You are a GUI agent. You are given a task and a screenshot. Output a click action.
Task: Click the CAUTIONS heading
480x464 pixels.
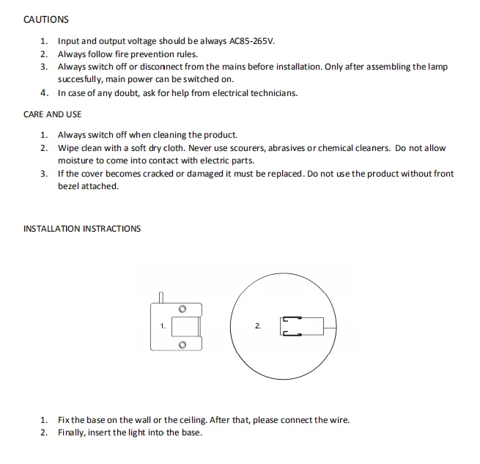click(x=46, y=20)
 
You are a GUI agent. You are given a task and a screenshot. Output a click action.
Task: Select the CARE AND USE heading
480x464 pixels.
click(x=52, y=114)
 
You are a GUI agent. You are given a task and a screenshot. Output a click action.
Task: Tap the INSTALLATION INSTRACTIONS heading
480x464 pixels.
click(x=82, y=229)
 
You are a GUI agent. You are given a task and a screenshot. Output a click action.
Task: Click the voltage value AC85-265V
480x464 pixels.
click(x=252, y=41)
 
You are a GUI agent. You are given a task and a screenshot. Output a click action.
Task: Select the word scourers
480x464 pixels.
click(x=249, y=148)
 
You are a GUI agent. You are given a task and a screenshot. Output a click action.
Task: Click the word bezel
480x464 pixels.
click(x=68, y=186)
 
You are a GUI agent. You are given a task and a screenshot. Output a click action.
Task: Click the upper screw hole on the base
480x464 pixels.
click(x=182, y=309)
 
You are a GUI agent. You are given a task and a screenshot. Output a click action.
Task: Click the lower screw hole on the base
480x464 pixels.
click(x=182, y=345)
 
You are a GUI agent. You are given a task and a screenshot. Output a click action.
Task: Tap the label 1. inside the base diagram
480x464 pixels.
click(x=163, y=326)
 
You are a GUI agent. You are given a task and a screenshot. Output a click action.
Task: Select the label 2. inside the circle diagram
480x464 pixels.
click(x=258, y=326)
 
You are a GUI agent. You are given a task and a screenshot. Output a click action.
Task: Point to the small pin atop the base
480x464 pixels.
click(x=161, y=298)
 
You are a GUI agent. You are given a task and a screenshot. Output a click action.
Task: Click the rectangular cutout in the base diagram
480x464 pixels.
click(x=186, y=327)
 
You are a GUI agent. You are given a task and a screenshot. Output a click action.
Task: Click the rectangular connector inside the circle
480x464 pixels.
click(x=301, y=326)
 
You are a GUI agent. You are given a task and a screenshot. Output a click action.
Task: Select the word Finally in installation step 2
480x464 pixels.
click(x=72, y=432)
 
